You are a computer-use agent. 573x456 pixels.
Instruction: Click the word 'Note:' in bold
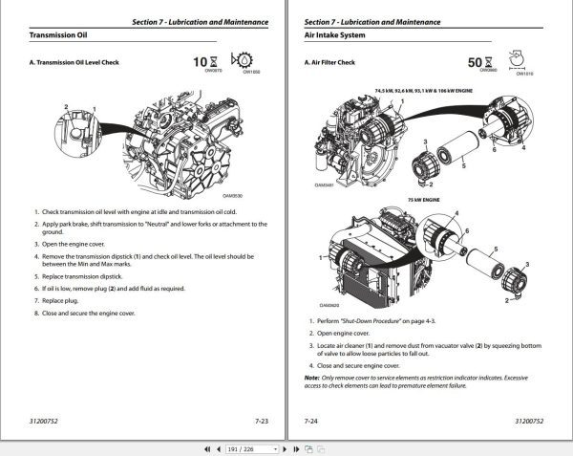click(312, 378)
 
